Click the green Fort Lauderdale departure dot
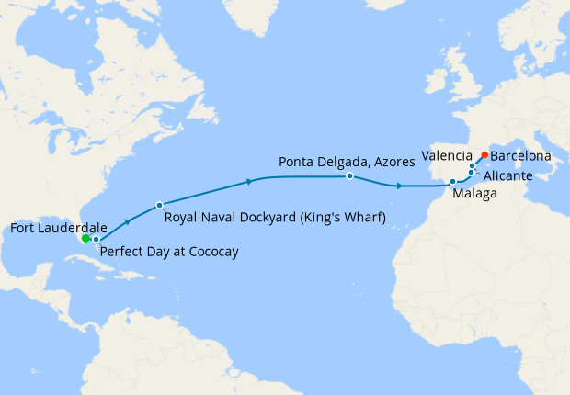[x=85, y=238]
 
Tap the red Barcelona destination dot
[x=484, y=155]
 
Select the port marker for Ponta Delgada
[x=350, y=175]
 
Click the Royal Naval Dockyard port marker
[x=160, y=205]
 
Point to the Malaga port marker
[x=453, y=182]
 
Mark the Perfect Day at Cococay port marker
[x=96, y=239]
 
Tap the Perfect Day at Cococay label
[x=168, y=252]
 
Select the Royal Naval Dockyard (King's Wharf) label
[x=274, y=218]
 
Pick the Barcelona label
[x=520, y=157]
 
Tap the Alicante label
[x=506, y=175]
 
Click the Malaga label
[x=475, y=195]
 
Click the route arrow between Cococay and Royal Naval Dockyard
[x=127, y=222]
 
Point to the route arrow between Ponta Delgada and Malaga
[x=397, y=186]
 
